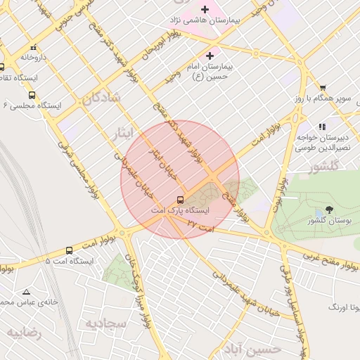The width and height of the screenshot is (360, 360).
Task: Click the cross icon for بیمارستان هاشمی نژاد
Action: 205,9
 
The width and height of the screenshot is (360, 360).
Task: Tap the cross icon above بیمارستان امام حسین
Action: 210,55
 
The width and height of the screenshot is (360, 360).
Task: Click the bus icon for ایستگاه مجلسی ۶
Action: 32,95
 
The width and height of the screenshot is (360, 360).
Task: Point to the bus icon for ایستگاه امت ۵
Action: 69,250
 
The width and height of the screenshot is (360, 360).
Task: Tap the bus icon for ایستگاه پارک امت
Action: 181,200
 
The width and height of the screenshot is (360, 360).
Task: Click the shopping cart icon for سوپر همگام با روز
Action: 323,87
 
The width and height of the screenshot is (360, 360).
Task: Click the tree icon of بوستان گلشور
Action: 329,210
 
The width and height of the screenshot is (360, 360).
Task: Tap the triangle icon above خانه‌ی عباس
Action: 27,292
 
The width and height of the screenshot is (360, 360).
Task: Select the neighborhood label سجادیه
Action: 105,323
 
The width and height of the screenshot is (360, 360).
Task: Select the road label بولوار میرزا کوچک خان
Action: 139,288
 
